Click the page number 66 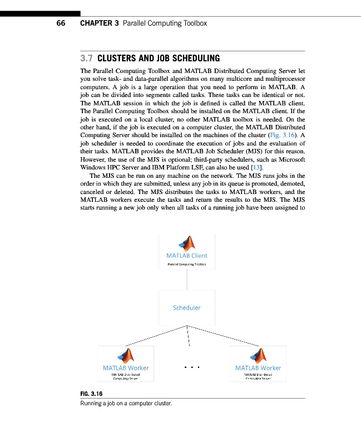click(61, 23)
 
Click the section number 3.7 click(87, 58)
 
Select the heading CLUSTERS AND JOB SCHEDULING click(159, 58)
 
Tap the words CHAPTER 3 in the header click(100, 23)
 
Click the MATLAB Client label click(186, 256)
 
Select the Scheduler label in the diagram click(186, 307)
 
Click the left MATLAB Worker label click(126, 368)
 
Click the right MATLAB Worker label click(258, 368)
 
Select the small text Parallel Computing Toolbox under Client click(187, 264)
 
